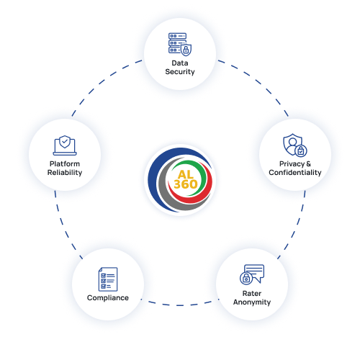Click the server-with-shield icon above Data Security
pos(180,45)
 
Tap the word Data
pos(180,63)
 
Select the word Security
pos(180,72)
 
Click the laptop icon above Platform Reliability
pos(65,145)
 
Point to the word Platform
pos(65,163)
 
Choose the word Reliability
pos(65,172)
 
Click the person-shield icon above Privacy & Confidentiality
pos(295,145)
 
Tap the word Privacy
pos(292,164)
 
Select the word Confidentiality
pos(295,172)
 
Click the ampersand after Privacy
pos(309,163)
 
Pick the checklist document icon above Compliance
pos(108,279)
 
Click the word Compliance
pos(108,298)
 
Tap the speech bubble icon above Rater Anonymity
pos(252,274)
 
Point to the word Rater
pos(252,293)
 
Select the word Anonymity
pos(252,302)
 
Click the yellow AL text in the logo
pos(186,174)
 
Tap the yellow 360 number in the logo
pos(186,184)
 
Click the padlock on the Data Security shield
pos(186,50)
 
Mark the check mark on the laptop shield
pos(65,142)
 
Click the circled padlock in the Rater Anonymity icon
pos(246,279)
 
